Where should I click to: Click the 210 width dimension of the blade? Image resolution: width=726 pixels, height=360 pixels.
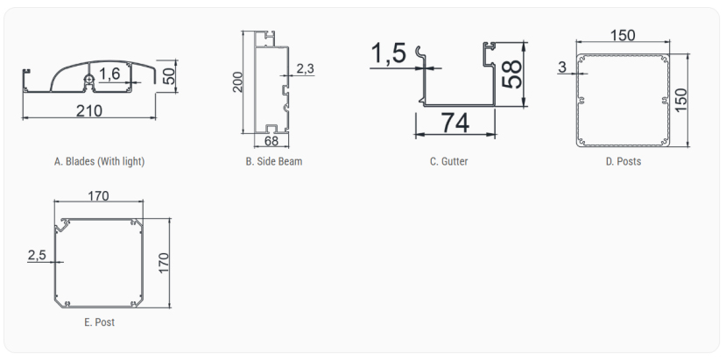click(89, 110)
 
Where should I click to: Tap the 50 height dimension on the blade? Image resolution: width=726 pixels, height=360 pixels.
click(170, 76)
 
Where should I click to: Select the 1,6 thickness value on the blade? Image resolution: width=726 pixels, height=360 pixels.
click(109, 74)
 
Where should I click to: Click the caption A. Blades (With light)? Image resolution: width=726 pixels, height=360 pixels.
click(99, 161)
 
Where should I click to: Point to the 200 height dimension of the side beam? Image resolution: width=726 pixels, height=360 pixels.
click(237, 82)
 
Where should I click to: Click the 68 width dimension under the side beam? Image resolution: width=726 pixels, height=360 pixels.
click(271, 141)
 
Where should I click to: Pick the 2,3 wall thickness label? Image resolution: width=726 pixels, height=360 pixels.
click(305, 68)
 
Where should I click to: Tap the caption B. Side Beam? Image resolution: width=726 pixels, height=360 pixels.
click(273, 161)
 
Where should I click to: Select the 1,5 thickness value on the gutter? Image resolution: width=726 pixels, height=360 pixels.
click(389, 53)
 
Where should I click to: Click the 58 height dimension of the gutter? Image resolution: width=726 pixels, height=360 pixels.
click(511, 74)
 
